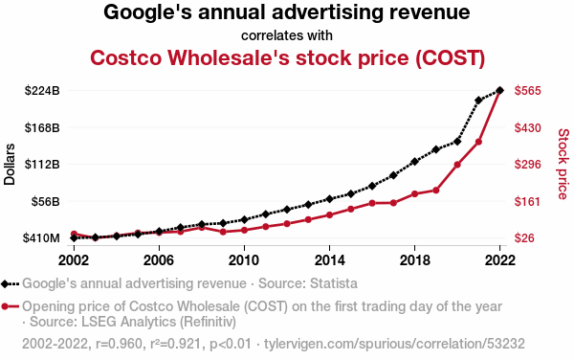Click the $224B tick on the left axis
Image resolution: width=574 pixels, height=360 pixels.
42,90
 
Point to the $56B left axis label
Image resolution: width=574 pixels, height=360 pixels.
45,201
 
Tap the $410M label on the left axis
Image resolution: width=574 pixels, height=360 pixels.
41,238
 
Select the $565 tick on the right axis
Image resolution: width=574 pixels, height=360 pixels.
527,90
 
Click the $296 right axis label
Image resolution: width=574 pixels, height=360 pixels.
527,164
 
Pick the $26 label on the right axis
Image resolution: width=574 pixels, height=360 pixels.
524,238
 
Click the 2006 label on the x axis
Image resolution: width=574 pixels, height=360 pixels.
159,260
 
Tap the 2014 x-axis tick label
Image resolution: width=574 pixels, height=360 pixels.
329,260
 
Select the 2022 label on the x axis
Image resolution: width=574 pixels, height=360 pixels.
499,260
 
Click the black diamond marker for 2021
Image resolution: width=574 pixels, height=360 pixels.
478,100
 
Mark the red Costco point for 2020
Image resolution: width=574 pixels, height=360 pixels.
457,165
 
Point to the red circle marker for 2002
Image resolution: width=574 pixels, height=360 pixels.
74,234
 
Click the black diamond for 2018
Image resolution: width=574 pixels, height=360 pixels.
415,161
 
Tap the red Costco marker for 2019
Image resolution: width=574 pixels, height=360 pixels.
436,191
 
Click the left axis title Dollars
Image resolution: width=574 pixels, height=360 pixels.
10,164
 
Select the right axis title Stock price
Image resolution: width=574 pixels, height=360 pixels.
563,164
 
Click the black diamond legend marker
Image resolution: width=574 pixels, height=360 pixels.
5,283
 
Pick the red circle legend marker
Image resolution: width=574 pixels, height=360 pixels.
5,306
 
